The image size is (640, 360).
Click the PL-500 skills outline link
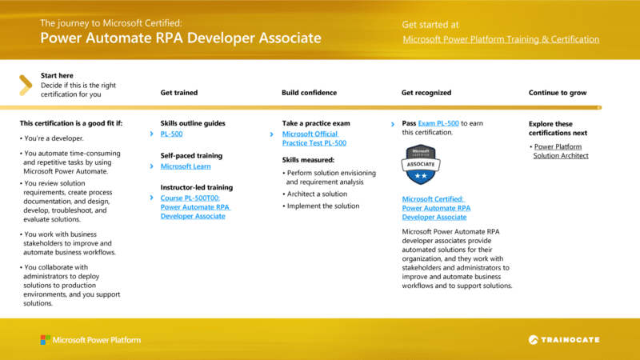click(171, 134)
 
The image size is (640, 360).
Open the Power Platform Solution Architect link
click(561, 151)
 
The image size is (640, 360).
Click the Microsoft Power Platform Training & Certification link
click(501, 39)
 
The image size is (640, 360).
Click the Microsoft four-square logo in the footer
click(45, 340)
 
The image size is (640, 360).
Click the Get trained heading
click(179, 93)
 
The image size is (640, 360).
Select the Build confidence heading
click(309, 93)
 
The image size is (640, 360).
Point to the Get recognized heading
click(426, 93)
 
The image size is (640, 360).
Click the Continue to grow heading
click(558, 93)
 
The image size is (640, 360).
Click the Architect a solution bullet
click(318, 194)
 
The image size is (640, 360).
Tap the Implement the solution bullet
click(322, 206)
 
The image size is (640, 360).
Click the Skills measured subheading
click(307, 160)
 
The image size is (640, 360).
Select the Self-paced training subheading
click(191, 155)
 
